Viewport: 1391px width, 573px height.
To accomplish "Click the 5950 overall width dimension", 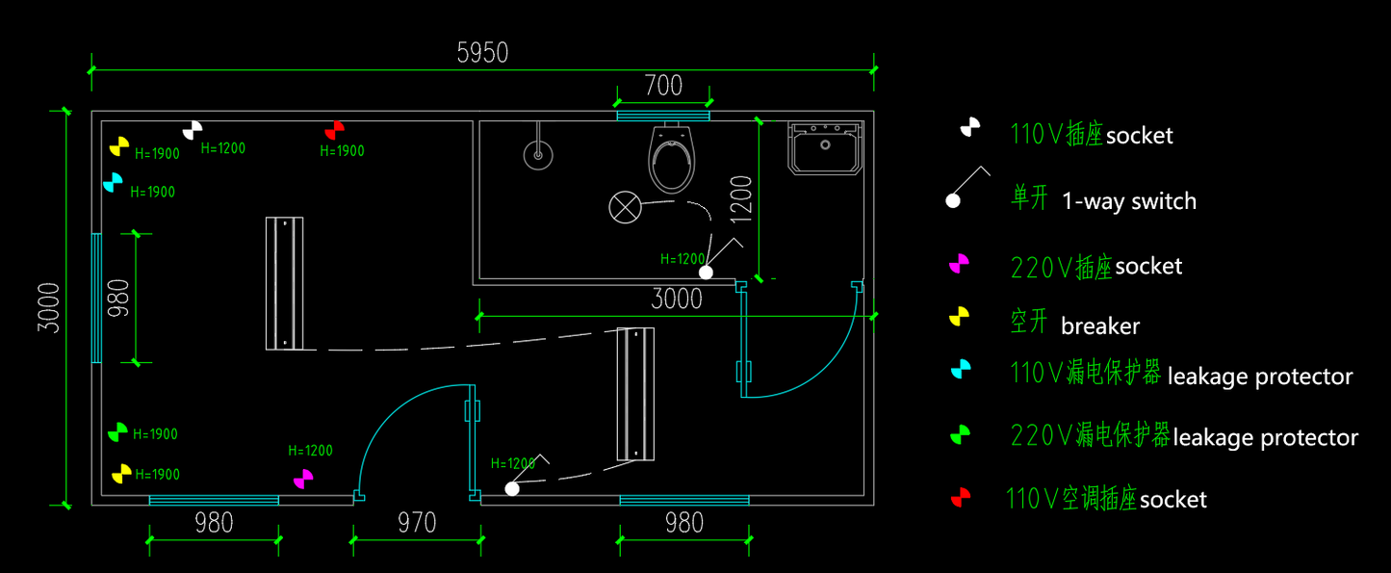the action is pyautogui.click(x=482, y=53).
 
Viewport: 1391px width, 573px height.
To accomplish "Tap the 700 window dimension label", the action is pyautogui.click(x=663, y=86).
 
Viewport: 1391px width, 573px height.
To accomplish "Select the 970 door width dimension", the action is pyautogui.click(x=417, y=523).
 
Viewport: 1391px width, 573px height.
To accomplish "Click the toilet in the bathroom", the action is pyautogui.click(x=671, y=158).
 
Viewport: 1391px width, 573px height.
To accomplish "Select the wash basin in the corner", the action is pyautogui.click(x=825, y=148).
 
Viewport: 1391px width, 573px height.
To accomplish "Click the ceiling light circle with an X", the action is pyautogui.click(x=625, y=207).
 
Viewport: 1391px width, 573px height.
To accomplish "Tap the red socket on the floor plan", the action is pyautogui.click(x=335, y=131).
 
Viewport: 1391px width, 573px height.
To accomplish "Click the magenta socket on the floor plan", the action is pyautogui.click(x=303, y=480).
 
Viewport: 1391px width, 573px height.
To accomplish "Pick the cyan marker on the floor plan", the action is pyautogui.click(x=113, y=183).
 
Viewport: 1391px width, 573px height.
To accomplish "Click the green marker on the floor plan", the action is pyautogui.click(x=117, y=432).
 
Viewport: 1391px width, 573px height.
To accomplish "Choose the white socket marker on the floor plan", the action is pyautogui.click(x=193, y=131).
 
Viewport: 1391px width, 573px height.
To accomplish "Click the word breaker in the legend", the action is pyautogui.click(x=1100, y=326).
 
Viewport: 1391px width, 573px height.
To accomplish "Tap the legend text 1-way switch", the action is pyautogui.click(x=1129, y=201).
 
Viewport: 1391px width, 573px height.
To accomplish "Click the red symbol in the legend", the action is pyautogui.click(x=961, y=498).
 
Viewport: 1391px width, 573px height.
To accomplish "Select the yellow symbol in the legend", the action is pyautogui.click(x=959, y=316).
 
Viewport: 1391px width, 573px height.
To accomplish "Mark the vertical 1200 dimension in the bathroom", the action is pyautogui.click(x=741, y=199).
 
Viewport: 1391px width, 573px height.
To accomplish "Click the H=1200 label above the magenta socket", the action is pyautogui.click(x=311, y=451).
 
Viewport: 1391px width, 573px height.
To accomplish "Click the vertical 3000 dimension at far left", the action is pyautogui.click(x=48, y=307).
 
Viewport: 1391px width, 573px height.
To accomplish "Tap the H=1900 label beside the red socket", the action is pyautogui.click(x=342, y=151).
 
